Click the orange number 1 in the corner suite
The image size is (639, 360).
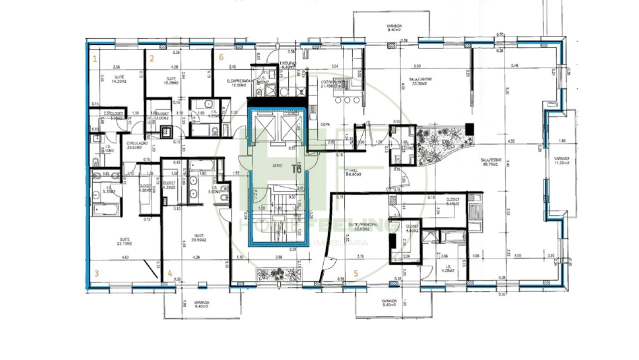click(94, 58)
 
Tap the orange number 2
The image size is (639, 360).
click(151, 58)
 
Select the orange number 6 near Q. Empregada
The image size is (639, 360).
click(221, 57)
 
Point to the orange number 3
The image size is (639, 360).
click(96, 273)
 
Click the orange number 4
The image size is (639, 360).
click(170, 273)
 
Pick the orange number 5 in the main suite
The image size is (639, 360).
click(356, 273)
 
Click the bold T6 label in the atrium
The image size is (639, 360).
click(296, 169)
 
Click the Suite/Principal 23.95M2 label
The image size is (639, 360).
click(364, 228)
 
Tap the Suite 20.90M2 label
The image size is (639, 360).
click(198, 237)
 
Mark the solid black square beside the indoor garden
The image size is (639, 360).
click(468, 128)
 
